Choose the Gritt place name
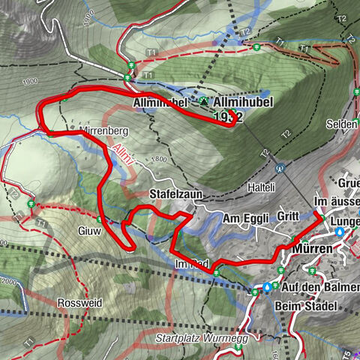(287, 216)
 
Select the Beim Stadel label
(310, 306)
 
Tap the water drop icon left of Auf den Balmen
(267, 286)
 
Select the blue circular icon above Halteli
(280, 169)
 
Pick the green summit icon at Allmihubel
(202, 100)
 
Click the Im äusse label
(335, 202)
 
